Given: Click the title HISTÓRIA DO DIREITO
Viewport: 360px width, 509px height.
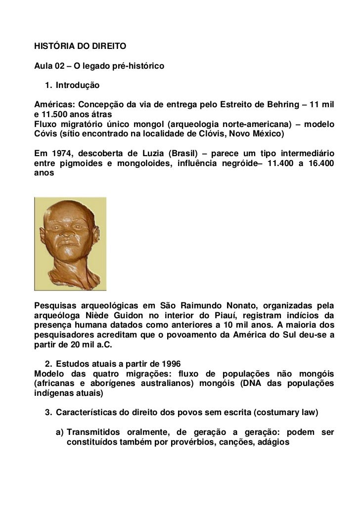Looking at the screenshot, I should click(80, 47).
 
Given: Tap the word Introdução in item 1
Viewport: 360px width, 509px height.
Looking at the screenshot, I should click(78, 86).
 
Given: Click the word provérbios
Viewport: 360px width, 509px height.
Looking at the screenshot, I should click(182, 441).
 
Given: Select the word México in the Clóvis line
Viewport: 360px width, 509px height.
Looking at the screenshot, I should click(267, 133).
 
